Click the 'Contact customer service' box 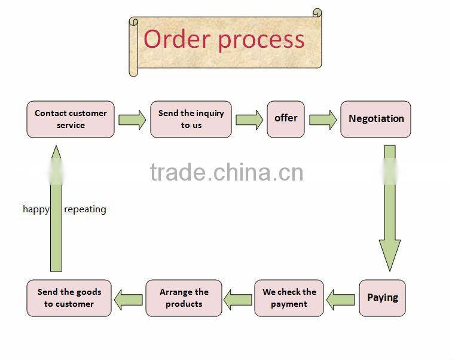[71, 119]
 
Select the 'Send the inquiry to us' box [191, 119]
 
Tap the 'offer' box [286, 119]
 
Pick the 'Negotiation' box [375, 119]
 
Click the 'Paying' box [382, 298]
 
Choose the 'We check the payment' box [289, 298]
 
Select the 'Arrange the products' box [184, 298]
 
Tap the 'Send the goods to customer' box [69, 298]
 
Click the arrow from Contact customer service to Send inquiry [132, 120]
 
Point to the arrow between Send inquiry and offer [249, 120]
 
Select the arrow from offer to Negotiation [323, 120]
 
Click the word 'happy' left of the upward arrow [36, 209]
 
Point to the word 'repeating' [85, 209]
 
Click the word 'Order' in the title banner [177, 39]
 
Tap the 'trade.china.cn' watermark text [226, 172]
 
